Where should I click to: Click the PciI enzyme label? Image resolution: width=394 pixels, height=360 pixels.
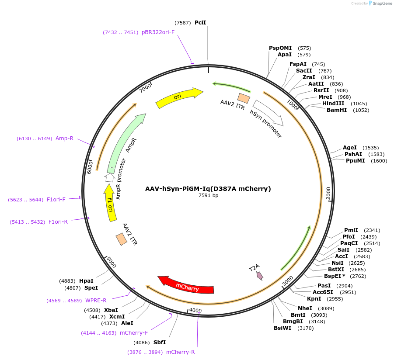pos(200,22)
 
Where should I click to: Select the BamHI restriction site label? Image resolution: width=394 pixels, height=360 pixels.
pos(337,110)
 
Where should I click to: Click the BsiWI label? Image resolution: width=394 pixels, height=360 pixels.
pos(282,328)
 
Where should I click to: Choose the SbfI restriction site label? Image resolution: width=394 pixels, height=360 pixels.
pos(160,343)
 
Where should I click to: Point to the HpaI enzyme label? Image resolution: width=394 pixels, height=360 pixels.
pos(87,281)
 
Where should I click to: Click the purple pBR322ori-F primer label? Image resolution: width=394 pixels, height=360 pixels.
pos(158,32)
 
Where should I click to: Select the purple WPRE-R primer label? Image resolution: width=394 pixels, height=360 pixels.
pos(96,301)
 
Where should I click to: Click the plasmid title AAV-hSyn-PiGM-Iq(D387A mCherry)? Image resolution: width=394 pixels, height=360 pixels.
pos(208,189)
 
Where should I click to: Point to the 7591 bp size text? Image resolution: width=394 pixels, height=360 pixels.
pos(208,196)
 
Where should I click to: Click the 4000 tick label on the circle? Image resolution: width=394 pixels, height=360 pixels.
pos(195,311)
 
